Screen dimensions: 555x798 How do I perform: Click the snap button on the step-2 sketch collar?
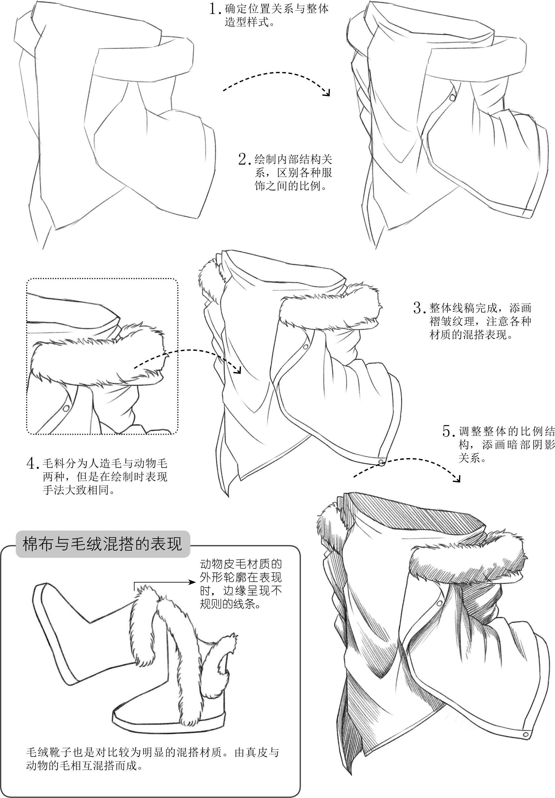point(452,98)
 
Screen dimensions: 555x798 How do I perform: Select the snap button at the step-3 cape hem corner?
point(381,462)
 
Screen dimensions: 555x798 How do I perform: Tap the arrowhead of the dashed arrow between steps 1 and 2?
point(327,92)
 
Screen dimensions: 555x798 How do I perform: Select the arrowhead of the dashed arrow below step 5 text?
point(457,479)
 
